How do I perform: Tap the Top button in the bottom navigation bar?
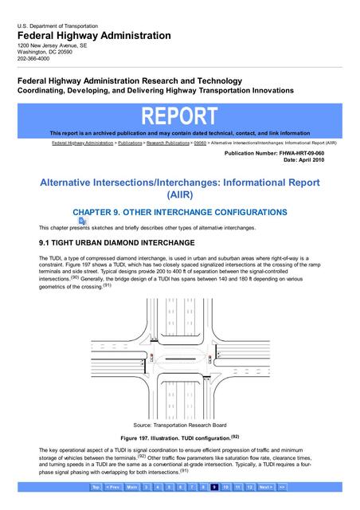pos(96,486)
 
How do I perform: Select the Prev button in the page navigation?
pos(113,486)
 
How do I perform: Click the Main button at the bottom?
pos(132,486)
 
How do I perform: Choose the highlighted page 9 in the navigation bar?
pos(214,486)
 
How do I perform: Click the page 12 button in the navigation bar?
pos(249,486)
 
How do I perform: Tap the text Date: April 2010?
pos(302,159)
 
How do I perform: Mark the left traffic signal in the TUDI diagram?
pos(151,355)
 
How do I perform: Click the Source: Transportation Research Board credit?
pos(179,426)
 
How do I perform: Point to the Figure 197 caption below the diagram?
pos(179,438)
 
